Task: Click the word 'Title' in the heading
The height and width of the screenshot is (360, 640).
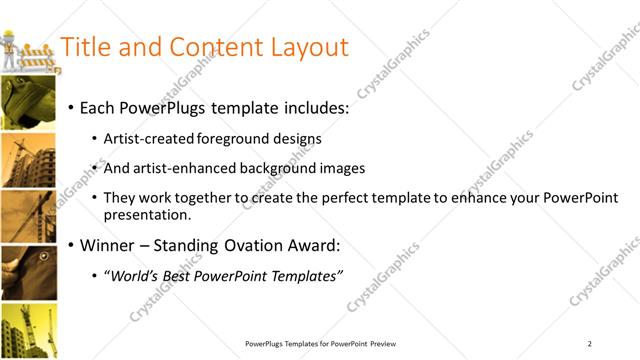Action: coord(85,47)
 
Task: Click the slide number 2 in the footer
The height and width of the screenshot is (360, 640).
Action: coord(590,344)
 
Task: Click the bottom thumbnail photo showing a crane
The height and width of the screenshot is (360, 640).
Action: coord(28,331)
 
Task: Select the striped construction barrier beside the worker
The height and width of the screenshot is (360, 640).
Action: coord(40,58)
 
